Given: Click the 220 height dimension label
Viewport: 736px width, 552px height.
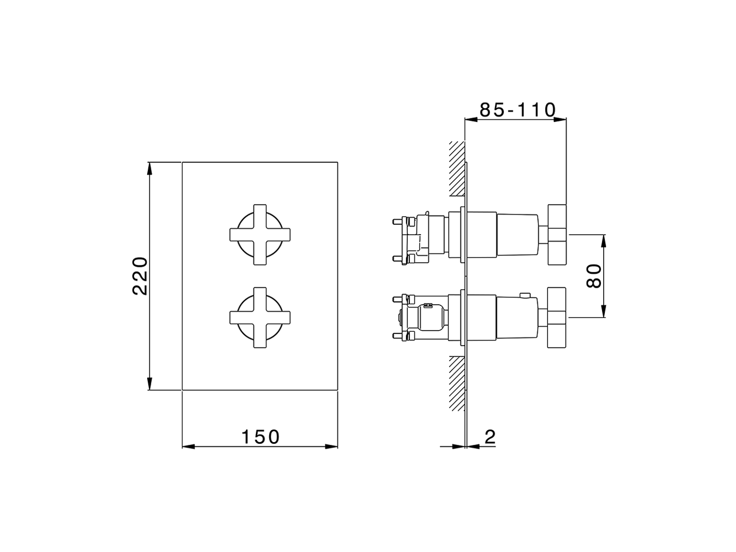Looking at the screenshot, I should tap(141, 277).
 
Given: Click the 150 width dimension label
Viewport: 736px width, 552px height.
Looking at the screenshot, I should tap(260, 437).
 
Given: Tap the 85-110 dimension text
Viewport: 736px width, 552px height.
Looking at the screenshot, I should tap(517, 110).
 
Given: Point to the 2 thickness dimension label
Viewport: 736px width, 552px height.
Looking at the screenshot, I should tap(489, 438).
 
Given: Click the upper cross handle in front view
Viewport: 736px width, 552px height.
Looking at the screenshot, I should tap(260, 235).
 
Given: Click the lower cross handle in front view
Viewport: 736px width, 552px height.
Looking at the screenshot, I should tap(260, 317).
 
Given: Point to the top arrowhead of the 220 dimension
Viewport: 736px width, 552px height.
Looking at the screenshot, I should tap(149, 167).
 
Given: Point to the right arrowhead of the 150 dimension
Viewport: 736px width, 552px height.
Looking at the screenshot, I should tap(332, 446).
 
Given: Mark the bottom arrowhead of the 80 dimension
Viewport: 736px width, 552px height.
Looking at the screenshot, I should tap(604, 312).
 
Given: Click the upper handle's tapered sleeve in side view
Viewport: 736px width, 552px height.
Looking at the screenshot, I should tap(517, 235).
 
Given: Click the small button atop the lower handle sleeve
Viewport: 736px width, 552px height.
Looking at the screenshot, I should tap(524, 296).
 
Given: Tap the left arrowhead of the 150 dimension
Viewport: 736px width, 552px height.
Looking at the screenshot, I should tap(187, 446).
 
